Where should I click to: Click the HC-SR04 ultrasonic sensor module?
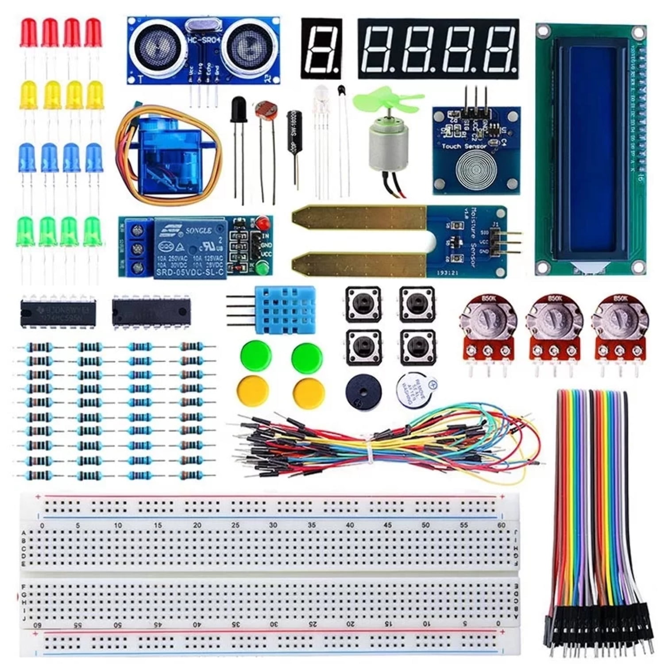click(x=203, y=50)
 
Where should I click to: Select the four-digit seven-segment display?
click(x=438, y=49)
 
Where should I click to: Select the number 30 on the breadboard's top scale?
click(x=273, y=525)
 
